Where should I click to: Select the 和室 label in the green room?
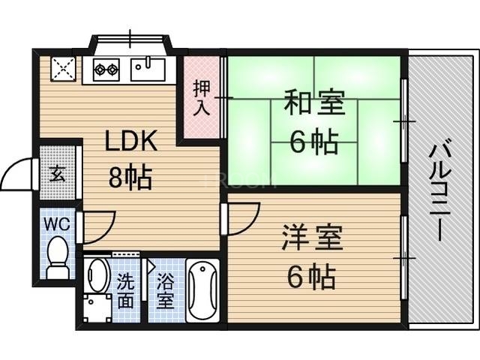pyautogui.click(x=314, y=103)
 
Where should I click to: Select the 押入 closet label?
pyautogui.click(x=201, y=97)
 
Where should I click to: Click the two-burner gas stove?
pyautogui.click(x=106, y=70)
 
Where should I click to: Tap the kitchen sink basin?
pyautogui.click(x=148, y=70)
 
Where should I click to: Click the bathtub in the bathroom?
pyautogui.click(x=202, y=290)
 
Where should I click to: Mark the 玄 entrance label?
pyautogui.click(x=57, y=176)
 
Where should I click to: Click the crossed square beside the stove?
pyautogui.click(x=62, y=70)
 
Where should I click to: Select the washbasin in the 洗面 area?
pyautogui.click(x=96, y=276)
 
